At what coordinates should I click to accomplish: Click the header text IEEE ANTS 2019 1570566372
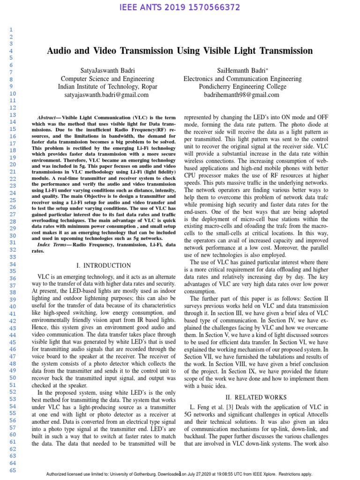pyautogui.click(x=180, y=7)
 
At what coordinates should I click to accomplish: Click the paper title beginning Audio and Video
pyautogui.click(x=180, y=51)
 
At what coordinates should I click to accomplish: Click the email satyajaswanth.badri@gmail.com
pyautogui.click(x=106, y=94)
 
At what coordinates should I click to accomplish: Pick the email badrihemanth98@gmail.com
pyautogui.click(x=241, y=94)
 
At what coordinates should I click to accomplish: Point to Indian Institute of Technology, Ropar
pyautogui.click(x=107, y=86)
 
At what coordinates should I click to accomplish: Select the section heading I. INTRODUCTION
pyautogui.click(x=106, y=265)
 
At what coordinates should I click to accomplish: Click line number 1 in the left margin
pyautogui.click(x=13, y=29)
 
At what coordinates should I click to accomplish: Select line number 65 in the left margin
pyautogui.click(x=13, y=470)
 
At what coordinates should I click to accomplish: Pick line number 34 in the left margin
pyautogui.click(x=13, y=264)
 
